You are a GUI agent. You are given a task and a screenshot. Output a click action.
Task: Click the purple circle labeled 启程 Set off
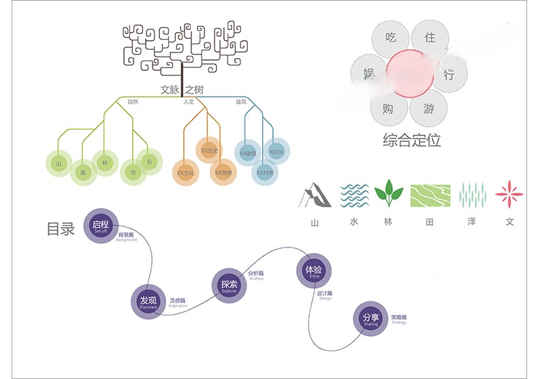tap(101, 226)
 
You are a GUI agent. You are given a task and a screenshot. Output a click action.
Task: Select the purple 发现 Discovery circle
tap(148, 302)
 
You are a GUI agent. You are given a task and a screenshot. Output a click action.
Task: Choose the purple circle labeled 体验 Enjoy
tap(314, 271)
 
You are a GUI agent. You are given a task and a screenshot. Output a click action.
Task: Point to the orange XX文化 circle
tap(186, 172)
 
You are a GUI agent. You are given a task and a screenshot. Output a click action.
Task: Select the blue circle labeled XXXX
tap(276, 152)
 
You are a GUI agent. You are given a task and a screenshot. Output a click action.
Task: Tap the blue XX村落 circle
tap(265, 172)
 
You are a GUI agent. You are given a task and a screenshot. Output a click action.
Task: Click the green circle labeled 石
tap(149, 161)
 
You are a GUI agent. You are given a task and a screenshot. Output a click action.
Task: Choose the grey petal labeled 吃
tap(391, 37)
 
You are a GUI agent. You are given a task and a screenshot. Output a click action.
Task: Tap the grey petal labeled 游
tap(429, 108)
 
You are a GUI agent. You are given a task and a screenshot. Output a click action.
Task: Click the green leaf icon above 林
tap(389, 194)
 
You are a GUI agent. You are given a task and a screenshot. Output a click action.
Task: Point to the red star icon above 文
tap(509, 194)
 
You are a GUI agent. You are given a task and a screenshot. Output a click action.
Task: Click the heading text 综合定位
tap(411, 141)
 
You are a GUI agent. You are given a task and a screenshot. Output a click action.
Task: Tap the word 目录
tap(60, 229)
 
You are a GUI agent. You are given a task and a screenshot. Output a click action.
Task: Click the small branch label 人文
tap(189, 102)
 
